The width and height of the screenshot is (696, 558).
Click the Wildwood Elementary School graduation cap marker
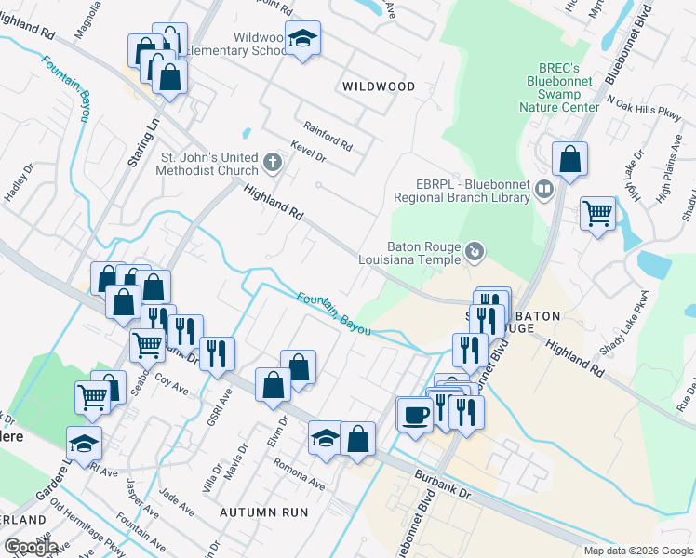[x=302, y=40]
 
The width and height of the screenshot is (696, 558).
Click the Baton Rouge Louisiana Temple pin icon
[x=475, y=251]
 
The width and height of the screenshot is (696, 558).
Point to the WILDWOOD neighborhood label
[x=379, y=86]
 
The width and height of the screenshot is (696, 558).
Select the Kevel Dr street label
[x=307, y=152]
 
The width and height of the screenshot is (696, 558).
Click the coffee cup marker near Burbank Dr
[x=416, y=413]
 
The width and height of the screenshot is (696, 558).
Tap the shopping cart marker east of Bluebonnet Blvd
[x=598, y=213]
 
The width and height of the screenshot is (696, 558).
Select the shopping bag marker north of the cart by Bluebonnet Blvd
[x=569, y=159]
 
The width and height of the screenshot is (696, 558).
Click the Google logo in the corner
[x=30, y=546]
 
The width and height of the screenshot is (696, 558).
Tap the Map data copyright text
[x=638, y=551]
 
